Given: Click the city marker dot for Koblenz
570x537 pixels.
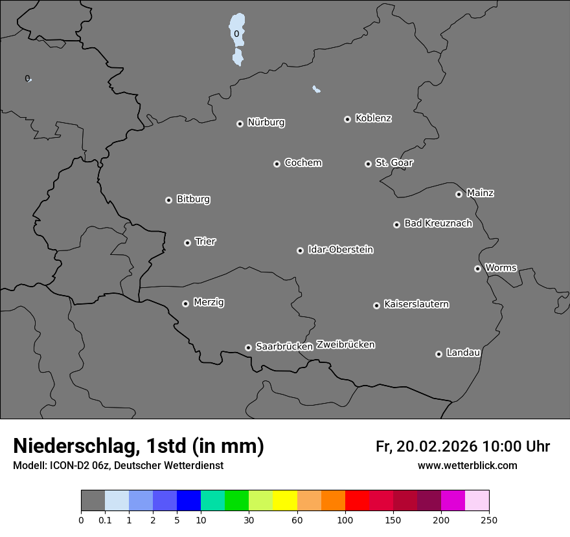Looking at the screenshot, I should click(347, 119).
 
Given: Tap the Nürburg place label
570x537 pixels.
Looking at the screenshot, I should click(266, 122).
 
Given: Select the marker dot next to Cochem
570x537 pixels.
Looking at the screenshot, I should click(277, 164).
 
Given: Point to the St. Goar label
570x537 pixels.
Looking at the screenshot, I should click(394, 162).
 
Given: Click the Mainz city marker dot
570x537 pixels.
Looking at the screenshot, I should click(459, 194).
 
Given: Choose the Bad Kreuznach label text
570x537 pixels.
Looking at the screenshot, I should click(438, 223).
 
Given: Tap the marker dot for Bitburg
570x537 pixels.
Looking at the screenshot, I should click(168, 200).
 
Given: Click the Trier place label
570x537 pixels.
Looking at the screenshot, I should click(205, 241).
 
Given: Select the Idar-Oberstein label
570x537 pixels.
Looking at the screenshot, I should click(340, 250).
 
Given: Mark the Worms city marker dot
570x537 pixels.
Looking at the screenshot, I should click(477, 268).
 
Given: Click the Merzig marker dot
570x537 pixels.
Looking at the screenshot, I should click(185, 303).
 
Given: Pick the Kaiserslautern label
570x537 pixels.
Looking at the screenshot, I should click(416, 304).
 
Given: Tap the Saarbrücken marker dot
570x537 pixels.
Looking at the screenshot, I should click(248, 347).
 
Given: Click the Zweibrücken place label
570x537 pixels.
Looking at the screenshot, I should click(345, 345).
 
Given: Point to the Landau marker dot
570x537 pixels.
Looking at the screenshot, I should click(439, 354).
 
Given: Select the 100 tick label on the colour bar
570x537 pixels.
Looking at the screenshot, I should click(345, 520).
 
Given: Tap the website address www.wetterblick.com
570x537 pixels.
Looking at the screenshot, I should click(467, 466).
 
